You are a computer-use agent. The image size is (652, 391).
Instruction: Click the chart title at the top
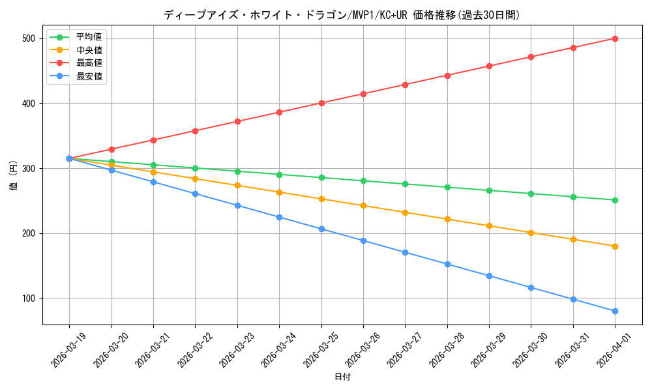coord(342,15)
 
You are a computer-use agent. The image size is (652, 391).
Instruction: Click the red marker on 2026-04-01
coord(615,38)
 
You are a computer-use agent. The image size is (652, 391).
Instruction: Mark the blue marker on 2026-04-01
coord(615,311)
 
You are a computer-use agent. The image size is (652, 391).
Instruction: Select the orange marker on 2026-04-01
coord(615,246)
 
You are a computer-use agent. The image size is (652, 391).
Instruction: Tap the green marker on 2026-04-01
coord(615,200)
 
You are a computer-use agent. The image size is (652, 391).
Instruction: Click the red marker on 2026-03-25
coord(321,103)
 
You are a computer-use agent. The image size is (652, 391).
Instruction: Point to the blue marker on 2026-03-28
coord(447,264)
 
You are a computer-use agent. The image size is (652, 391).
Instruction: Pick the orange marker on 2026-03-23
coord(237,185)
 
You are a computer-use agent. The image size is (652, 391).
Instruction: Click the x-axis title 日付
coord(342,377)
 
